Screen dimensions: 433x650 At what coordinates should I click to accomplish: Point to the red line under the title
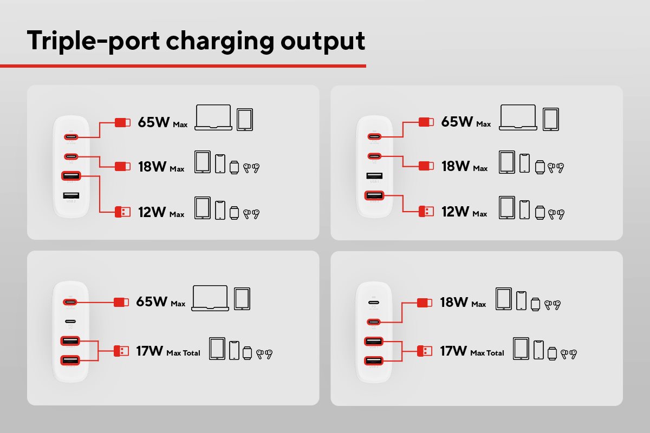[x=183, y=66]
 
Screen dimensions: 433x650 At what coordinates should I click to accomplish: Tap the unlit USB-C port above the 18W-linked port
[x=374, y=303]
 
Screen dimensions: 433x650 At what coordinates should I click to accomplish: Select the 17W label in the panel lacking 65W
[x=453, y=352]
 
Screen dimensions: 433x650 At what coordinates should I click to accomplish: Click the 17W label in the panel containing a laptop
[x=149, y=352]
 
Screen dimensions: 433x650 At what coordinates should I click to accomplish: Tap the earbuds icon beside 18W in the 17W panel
[x=552, y=305]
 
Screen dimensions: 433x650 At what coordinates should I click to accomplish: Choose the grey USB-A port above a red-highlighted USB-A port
[x=374, y=176]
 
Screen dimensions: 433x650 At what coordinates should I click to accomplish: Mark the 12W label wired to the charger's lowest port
[x=454, y=212]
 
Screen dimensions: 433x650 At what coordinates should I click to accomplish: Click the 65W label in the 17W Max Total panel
[x=153, y=302]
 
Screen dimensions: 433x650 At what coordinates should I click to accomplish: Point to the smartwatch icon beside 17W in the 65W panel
[x=248, y=352]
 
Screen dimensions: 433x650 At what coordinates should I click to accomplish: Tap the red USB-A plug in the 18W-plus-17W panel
[x=424, y=351]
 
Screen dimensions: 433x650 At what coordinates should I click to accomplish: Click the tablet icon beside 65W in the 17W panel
[x=242, y=299]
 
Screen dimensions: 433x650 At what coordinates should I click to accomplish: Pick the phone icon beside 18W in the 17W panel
[x=521, y=301]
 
